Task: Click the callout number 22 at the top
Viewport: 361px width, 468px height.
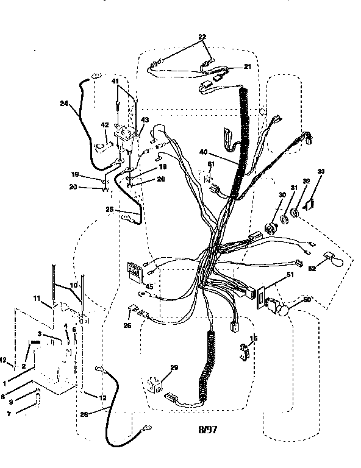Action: (x=202, y=37)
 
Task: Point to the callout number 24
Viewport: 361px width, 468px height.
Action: (x=63, y=103)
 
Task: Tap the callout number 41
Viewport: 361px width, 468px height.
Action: (x=115, y=81)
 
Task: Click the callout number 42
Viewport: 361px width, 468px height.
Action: (x=104, y=125)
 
